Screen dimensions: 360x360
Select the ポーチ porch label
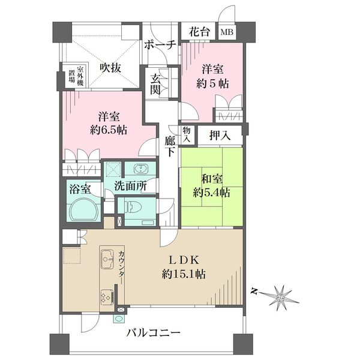click(160, 45)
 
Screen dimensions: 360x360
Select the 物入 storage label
click(187, 134)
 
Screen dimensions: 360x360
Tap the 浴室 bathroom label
click(80, 188)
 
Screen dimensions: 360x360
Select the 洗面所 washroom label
click(130, 186)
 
